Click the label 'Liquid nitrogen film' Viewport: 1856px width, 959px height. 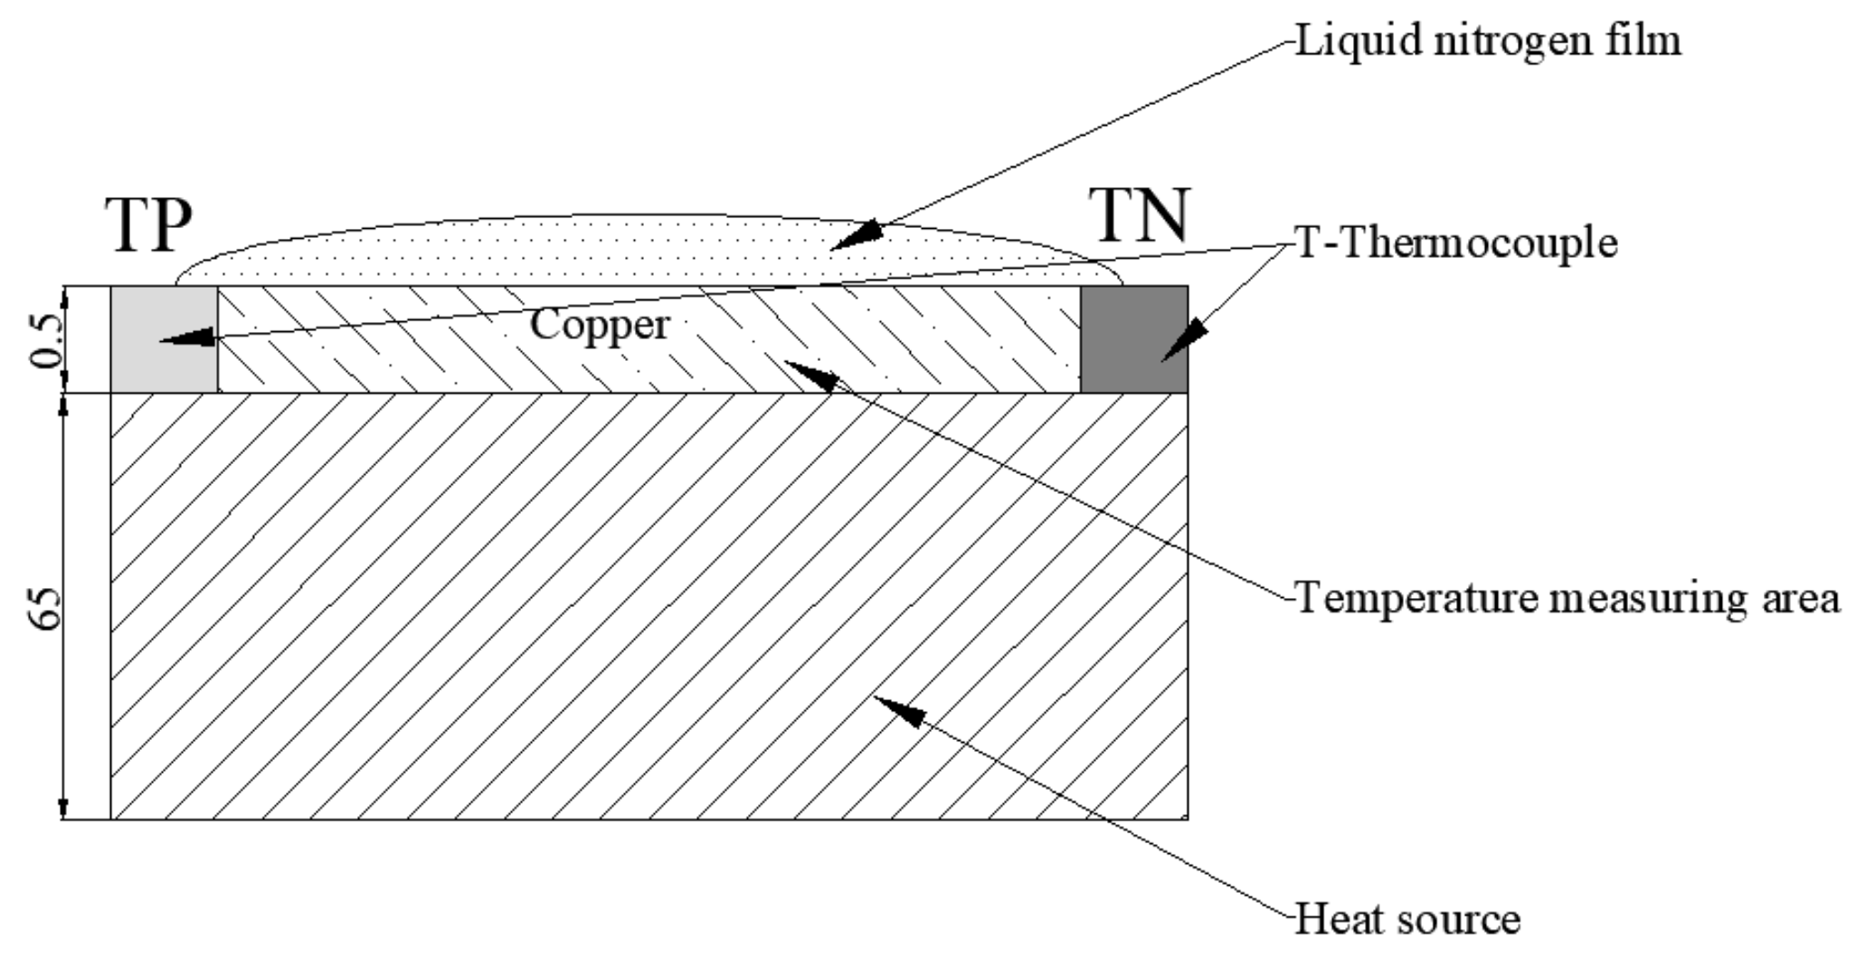coord(1488,41)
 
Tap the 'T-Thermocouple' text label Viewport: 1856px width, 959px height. coord(1456,243)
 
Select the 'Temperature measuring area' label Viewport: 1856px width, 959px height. coord(1567,599)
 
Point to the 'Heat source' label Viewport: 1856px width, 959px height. coord(1407,919)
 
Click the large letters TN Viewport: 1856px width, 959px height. coord(1138,216)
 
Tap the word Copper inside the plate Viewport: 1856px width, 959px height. coord(600,324)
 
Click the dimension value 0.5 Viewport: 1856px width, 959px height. coord(45,339)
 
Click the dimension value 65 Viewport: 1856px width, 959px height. coord(45,607)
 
